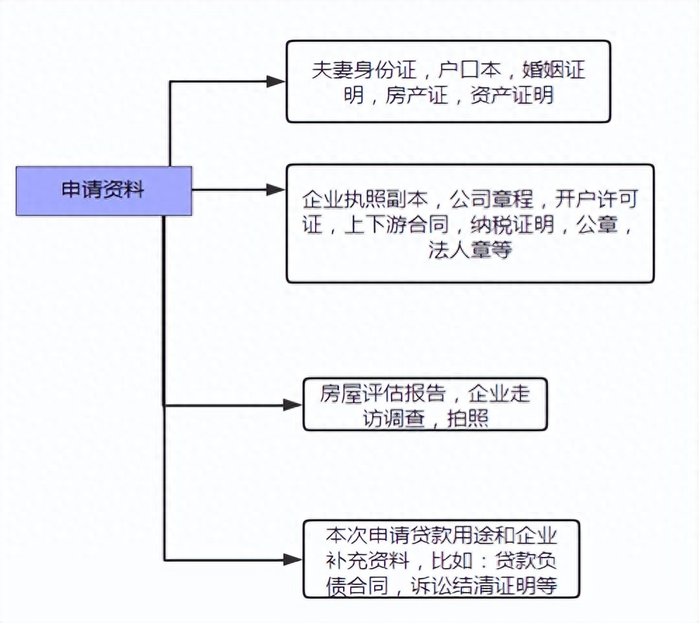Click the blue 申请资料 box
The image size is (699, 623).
pos(103,191)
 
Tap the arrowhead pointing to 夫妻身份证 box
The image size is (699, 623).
pos(276,82)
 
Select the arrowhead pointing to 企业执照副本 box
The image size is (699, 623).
pos(276,190)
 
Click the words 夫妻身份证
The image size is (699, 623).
pos(366,71)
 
